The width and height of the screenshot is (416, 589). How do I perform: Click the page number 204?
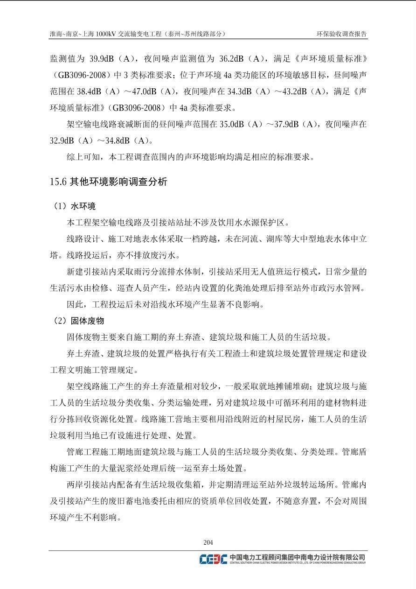208,542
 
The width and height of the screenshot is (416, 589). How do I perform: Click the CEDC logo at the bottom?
213,559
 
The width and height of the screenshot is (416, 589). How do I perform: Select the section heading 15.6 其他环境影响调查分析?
108,182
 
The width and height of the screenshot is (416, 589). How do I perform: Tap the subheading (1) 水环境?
75,206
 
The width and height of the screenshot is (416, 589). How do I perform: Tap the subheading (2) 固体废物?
79,321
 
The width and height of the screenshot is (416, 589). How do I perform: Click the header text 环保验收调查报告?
341,34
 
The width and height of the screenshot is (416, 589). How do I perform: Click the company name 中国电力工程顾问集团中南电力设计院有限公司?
297,557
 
